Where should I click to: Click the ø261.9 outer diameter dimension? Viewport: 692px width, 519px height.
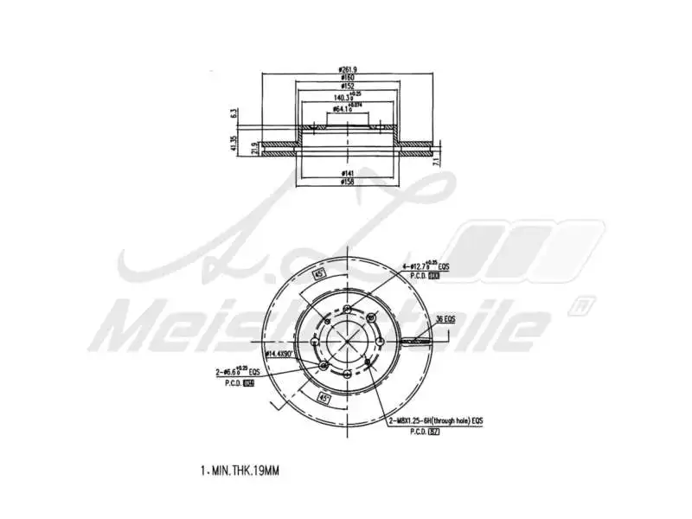pyautogui.click(x=349, y=70)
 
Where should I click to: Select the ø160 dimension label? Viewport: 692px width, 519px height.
pyautogui.click(x=349, y=79)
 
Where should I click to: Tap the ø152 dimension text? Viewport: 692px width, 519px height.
pyautogui.click(x=349, y=87)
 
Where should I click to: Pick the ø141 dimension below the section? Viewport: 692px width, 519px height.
pyautogui.click(x=349, y=173)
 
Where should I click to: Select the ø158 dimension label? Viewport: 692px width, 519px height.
pyautogui.click(x=349, y=183)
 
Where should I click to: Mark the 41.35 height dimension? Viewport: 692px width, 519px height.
pyautogui.click(x=234, y=143)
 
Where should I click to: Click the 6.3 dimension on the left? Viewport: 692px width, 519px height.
pyautogui.click(x=234, y=113)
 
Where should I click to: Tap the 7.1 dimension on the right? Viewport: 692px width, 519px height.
pyautogui.click(x=439, y=160)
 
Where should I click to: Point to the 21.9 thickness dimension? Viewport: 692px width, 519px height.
pyautogui.click(x=253, y=148)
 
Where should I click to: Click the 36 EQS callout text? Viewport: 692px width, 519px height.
pyautogui.click(x=445, y=319)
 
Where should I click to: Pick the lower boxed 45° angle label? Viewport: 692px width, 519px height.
pyautogui.click(x=324, y=398)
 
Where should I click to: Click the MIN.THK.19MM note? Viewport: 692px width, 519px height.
pyautogui.click(x=240, y=471)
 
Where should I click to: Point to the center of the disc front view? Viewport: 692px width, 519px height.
pyautogui.click(x=348, y=341)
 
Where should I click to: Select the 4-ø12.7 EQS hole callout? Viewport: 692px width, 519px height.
pyautogui.click(x=425, y=267)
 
